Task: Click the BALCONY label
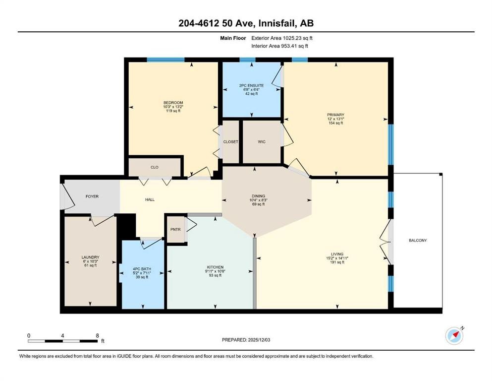coord(418,240)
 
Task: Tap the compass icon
coord(454,336)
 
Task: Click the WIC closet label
coord(262,142)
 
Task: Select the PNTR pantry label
coord(175,229)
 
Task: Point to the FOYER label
coord(92,196)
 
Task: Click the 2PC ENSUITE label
coord(251,85)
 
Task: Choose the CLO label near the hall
coord(155,167)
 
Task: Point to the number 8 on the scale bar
coord(97,335)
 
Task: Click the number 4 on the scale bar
coord(62,335)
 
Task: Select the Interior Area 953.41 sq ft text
coord(279,46)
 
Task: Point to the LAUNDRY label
coord(90,257)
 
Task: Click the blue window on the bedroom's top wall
coord(165,60)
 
